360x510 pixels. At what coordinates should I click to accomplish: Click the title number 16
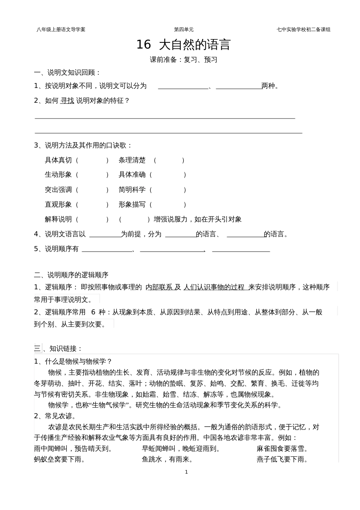click(143, 45)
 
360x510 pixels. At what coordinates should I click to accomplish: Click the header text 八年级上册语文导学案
click(61, 29)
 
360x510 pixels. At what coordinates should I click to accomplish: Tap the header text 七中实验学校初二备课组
click(304, 29)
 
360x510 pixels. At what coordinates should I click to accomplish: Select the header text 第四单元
click(184, 29)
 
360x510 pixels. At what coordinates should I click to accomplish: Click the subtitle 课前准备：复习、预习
click(183, 60)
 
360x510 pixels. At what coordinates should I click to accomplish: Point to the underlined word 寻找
click(67, 100)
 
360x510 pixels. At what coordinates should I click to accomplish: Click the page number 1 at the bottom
click(186, 472)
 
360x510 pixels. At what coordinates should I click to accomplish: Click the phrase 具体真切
click(58, 160)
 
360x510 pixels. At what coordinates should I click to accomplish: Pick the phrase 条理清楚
click(132, 160)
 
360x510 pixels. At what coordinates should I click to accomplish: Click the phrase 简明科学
click(132, 190)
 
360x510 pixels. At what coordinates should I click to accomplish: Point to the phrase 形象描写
click(132, 204)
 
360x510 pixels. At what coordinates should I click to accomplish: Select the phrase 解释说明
click(58, 219)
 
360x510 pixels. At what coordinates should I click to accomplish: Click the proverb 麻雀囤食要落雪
click(282, 449)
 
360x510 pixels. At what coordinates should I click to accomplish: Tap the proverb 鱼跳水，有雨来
click(167, 460)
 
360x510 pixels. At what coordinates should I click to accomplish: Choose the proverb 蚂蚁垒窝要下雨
click(59, 460)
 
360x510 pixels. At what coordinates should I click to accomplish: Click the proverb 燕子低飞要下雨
click(282, 460)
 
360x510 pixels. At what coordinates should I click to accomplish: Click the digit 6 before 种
click(93, 312)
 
